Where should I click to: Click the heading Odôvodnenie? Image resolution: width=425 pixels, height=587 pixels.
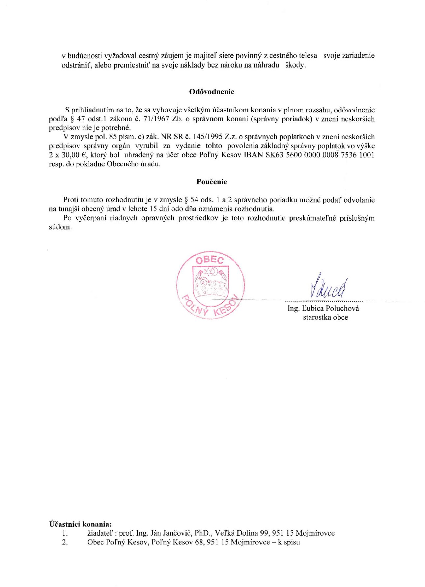point(212,92)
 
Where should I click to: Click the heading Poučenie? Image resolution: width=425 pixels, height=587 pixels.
point(212,182)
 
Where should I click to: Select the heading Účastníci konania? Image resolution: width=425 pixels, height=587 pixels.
point(80,524)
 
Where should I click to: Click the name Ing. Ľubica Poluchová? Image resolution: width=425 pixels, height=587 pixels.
point(323,308)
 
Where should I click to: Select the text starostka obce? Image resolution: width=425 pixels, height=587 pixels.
point(325,317)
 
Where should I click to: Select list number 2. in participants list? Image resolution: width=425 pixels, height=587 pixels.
point(65,542)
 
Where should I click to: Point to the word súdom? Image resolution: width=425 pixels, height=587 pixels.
point(60,227)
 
